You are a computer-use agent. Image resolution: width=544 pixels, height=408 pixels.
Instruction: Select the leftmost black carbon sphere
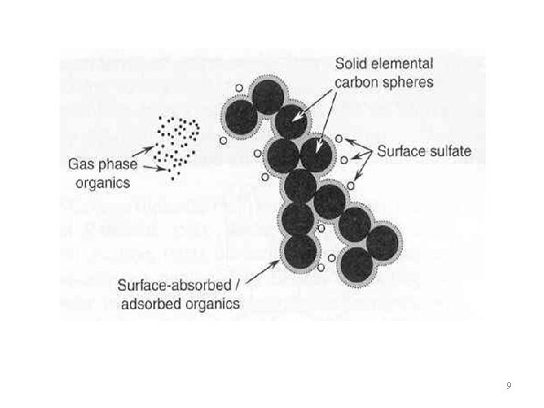point(240,117)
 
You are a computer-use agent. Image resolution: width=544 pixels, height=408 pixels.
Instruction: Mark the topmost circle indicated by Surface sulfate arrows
point(339,138)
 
